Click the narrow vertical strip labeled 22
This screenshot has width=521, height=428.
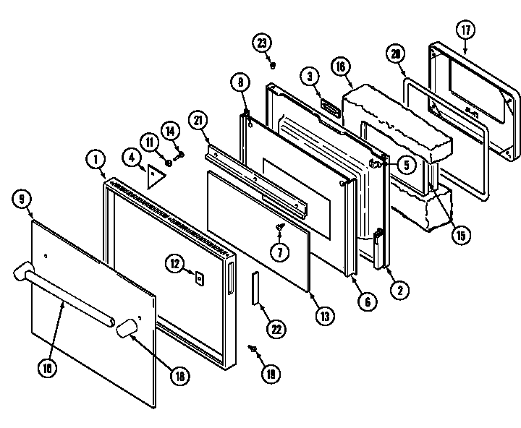[255, 289]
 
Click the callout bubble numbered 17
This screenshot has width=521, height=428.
[466, 30]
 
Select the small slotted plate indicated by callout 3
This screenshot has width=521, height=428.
[331, 108]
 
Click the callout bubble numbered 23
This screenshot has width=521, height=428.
[263, 43]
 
